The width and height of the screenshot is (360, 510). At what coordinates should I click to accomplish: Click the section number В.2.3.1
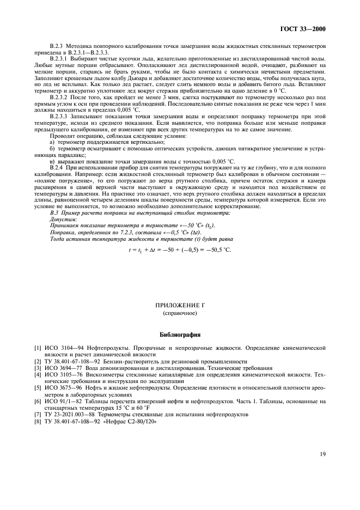[59, 58]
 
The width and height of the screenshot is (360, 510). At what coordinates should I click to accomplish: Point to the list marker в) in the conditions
[52, 162]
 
